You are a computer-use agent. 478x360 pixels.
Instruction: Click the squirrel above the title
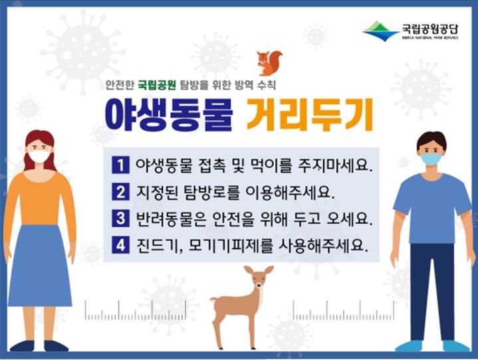tap(269, 63)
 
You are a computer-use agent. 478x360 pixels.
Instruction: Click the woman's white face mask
tap(39, 157)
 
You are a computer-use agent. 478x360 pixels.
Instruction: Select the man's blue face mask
tap(431, 159)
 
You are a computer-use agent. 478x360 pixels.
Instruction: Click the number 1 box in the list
tap(120, 164)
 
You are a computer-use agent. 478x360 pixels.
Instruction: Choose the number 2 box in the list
tap(120, 191)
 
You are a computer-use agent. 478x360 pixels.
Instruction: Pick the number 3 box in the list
tap(120, 219)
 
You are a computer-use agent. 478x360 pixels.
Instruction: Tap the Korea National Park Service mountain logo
tap(380, 31)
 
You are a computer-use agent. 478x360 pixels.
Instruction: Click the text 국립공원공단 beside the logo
tap(429, 27)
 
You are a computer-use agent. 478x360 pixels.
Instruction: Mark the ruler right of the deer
tap(343, 310)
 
